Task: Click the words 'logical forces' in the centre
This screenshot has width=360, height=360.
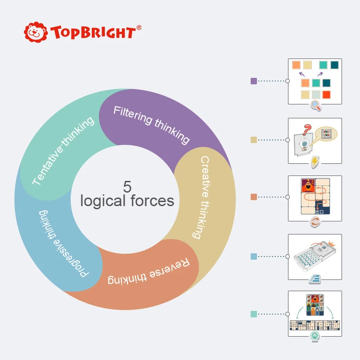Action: click(x=127, y=201)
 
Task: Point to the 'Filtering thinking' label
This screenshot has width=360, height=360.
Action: click(x=151, y=124)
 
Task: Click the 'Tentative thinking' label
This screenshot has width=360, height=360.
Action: click(x=63, y=151)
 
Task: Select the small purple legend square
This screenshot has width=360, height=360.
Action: click(x=254, y=81)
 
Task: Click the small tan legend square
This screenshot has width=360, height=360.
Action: click(x=254, y=139)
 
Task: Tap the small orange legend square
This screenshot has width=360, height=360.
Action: click(x=254, y=197)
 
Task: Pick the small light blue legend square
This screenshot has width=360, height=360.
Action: click(x=254, y=256)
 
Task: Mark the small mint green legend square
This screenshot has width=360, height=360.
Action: click(x=254, y=314)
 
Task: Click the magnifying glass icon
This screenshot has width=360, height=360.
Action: click(x=315, y=106)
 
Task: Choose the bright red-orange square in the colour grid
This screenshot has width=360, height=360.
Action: click(x=326, y=94)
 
